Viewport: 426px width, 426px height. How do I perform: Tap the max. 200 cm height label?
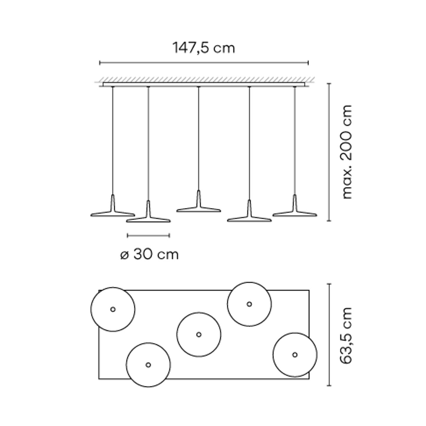point(346,152)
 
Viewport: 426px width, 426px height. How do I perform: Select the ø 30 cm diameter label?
point(149,255)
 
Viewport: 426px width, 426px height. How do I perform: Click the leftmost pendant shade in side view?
point(113,213)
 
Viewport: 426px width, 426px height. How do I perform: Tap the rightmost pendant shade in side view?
point(295,213)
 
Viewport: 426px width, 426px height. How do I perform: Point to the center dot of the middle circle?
point(199,335)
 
